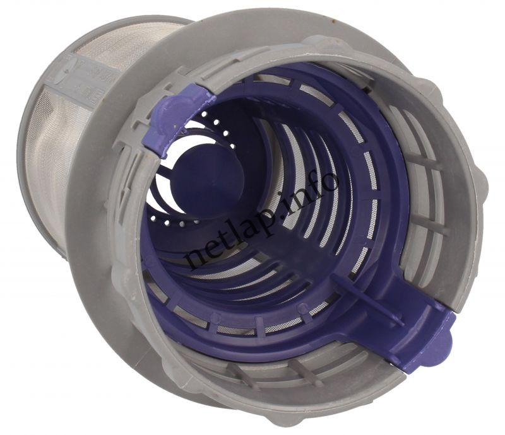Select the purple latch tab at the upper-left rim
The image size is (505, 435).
pos(179,120)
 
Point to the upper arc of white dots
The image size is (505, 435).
pos(220,129)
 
